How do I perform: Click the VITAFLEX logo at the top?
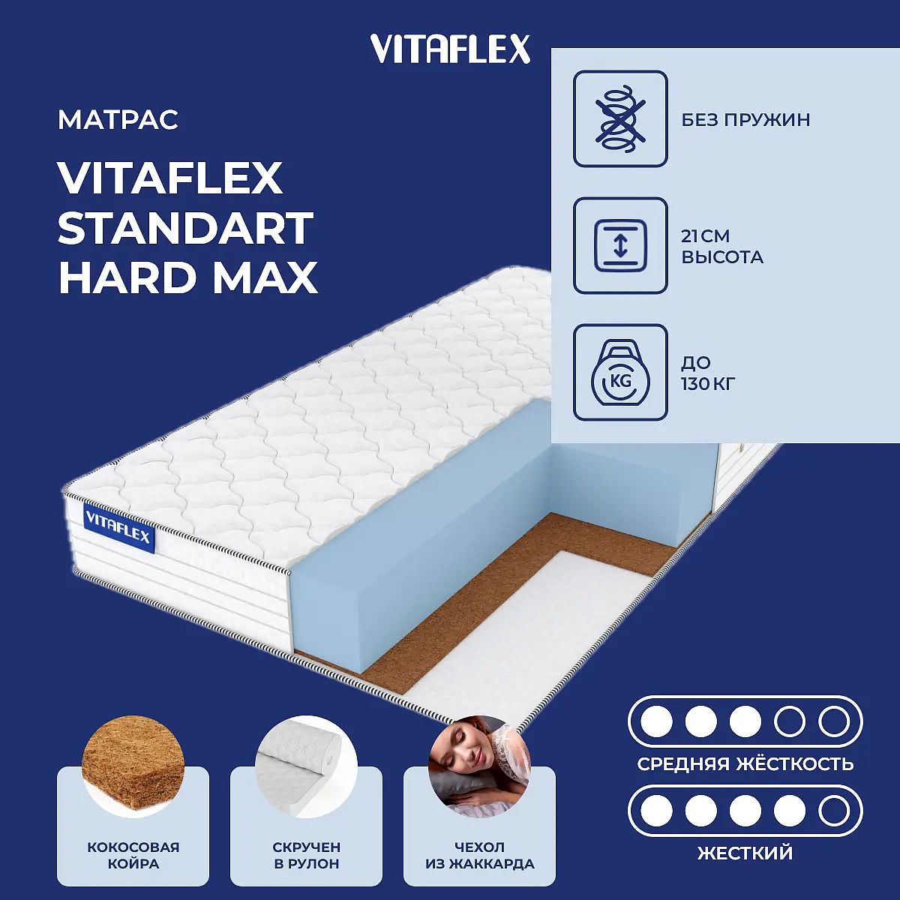[450, 49]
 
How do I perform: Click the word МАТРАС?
[118, 120]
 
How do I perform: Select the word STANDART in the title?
[186, 229]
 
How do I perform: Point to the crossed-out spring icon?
[620, 118]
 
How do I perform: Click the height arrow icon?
[620, 245]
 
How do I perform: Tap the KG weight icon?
[620, 372]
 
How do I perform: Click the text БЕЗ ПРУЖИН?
[745, 120]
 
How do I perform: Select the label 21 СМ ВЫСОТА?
[722, 247]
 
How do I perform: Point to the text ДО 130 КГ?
[708, 373]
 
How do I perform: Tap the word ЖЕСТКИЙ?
[745, 853]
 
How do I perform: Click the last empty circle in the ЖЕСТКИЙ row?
[834, 811]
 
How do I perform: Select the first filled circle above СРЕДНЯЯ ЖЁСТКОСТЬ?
[657, 721]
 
